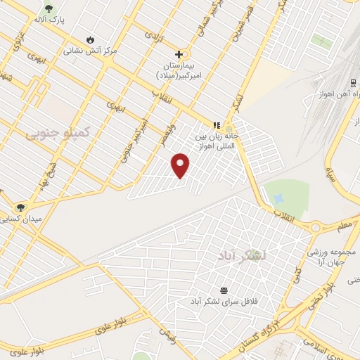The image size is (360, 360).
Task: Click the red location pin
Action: click(x=181, y=165)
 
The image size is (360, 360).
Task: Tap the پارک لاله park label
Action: click(x=70, y=20)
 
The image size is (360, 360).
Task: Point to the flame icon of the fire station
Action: click(x=90, y=39)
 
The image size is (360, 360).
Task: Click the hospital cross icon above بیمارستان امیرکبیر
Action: click(x=179, y=53)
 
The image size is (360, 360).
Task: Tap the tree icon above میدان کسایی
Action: click(x=20, y=207)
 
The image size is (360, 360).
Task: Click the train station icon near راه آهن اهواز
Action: click(x=352, y=82)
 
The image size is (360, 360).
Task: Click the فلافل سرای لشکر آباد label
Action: click(x=224, y=301)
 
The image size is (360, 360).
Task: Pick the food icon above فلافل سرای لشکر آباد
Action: click(x=224, y=290)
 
